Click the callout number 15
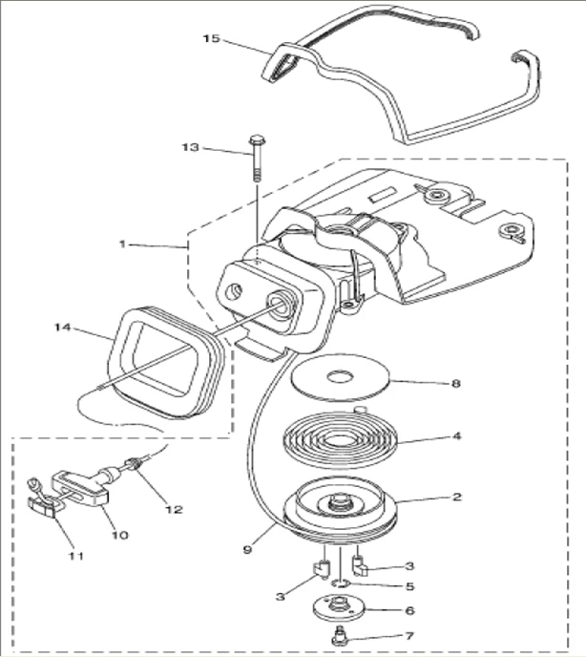pyautogui.click(x=211, y=38)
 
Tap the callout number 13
pyautogui.click(x=191, y=147)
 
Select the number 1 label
pyautogui.click(x=122, y=244)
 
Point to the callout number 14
pyautogui.click(x=64, y=327)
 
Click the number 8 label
pyautogui.click(x=455, y=383)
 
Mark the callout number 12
pyautogui.click(x=173, y=509)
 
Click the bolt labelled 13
pyautogui.click(x=256, y=158)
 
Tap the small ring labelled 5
pyautogui.click(x=341, y=582)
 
